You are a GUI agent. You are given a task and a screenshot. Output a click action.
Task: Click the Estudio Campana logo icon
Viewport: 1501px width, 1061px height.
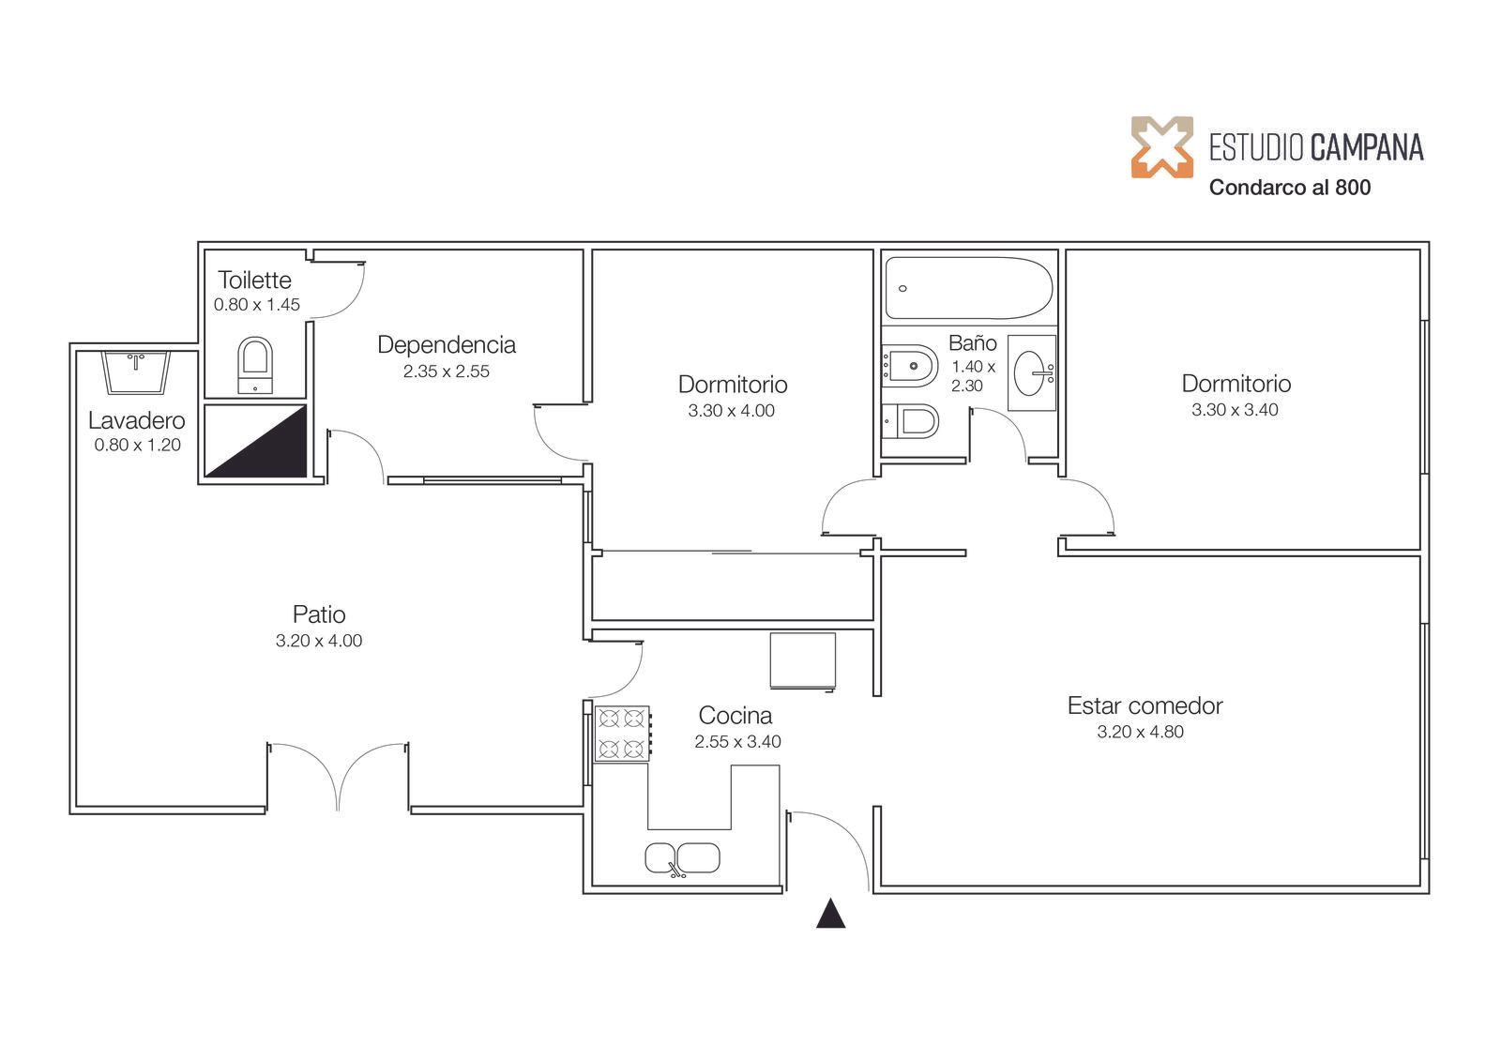click(x=1162, y=146)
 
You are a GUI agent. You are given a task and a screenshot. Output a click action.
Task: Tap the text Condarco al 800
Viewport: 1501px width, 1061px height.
click(x=1289, y=188)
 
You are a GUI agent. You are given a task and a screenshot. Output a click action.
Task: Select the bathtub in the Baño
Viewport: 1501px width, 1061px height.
click(x=968, y=288)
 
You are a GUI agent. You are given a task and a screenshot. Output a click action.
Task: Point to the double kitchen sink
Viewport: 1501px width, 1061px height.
click(x=682, y=858)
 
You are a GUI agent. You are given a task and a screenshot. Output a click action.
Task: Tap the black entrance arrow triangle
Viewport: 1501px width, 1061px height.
click(x=830, y=913)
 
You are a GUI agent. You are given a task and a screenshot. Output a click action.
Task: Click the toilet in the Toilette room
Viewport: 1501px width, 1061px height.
click(x=255, y=365)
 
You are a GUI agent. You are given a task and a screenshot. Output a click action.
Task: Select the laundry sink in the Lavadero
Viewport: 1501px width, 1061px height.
click(x=136, y=372)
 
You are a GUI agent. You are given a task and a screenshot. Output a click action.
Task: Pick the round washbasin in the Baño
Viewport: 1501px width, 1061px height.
click(x=1032, y=372)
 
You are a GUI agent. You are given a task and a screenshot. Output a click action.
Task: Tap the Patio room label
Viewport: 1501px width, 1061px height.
click(x=319, y=614)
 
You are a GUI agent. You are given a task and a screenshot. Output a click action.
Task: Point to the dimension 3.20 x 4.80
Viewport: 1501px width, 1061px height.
click(x=1140, y=731)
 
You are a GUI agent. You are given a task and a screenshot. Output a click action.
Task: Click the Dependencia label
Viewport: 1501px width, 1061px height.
click(x=447, y=344)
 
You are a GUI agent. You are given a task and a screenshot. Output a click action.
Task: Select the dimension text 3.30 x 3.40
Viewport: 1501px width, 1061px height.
click(x=1235, y=410)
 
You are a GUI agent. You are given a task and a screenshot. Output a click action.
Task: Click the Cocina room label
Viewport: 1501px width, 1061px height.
click(x=735, y=715)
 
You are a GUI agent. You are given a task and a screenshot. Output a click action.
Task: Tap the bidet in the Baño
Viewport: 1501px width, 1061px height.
click(x=909, y=366)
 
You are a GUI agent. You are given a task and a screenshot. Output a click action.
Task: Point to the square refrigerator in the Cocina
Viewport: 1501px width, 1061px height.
click(x=803, y=660)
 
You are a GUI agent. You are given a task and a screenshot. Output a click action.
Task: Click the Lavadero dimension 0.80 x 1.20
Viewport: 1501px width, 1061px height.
click(x=137, y=445)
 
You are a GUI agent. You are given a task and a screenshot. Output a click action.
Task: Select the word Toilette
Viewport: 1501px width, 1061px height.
click(x=254, y=280)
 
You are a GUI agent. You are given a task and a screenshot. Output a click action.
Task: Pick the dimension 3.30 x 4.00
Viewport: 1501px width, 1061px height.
click(x=731, y=410)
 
